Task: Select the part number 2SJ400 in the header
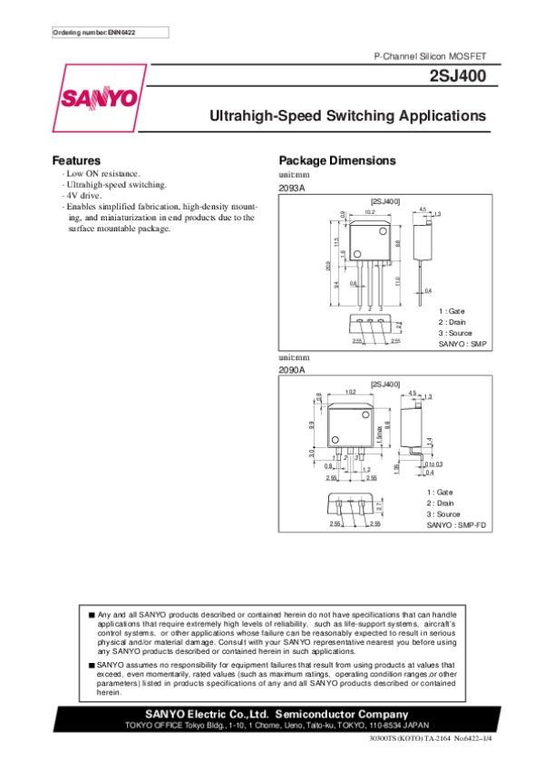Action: tap(460, 77)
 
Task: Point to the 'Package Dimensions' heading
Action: tap(337, 161)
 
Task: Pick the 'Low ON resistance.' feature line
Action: tap(102, 172)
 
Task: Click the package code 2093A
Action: tap(292, 187)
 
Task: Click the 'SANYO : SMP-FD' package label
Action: tap(457, 525)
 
